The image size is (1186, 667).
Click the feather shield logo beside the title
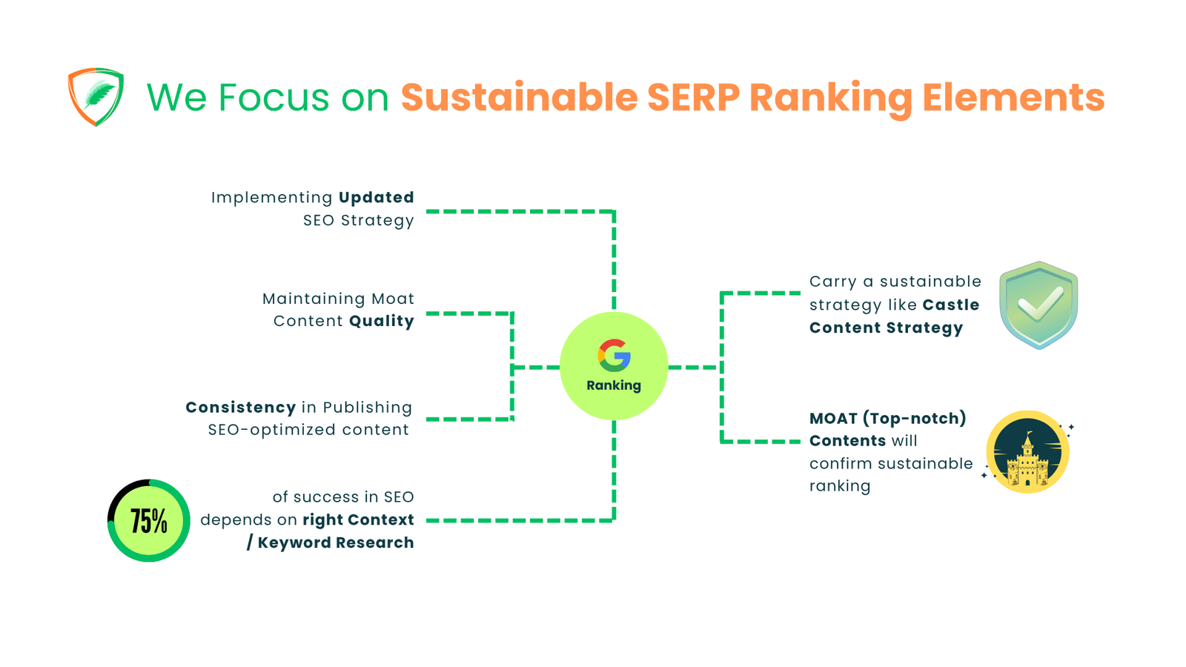tap(96, 97)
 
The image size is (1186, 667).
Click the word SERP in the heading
tap(693, 98)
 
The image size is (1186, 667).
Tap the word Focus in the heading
tap(274, 98)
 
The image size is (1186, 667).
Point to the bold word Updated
tap(376, 198)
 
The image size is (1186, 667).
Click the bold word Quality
tap(381, 321)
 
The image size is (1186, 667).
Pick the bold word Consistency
tap(240, 408)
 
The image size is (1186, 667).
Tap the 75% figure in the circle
tap(149, 521)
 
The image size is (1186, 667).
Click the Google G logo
tap(614, 356)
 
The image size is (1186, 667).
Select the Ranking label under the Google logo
tap(614, 385)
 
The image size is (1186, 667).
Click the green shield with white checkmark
tap(1038, 305)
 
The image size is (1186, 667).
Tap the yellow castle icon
tap(1027, 453)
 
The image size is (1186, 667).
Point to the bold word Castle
tap(951, 305)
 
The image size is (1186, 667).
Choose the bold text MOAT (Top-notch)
tap(887, 419)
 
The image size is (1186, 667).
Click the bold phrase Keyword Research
tap(335, 543)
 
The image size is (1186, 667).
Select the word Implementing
tap(271, 198)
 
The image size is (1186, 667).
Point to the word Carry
tap(832, 282)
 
